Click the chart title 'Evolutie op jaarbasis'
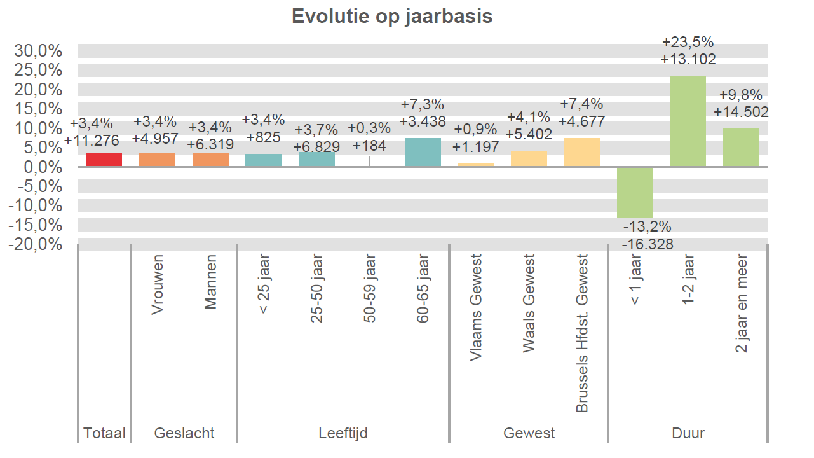pyautogui.click(x=392, y=16)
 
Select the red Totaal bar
pyautogui.click(x=104, y=160)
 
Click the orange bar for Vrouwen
pyautogui.click(x=157, y=160)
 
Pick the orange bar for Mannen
pyautogui.click(x=210, y=160)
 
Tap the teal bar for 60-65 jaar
pyautogui.click(x=423, y=153)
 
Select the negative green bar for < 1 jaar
pyautogui.click(x=635, y=192)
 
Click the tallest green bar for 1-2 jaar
pyautogui.click(x=688, y=121)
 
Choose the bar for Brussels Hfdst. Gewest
pyautogui.click(x=581, y=153)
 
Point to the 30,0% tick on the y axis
pyautogui.click(x=39, y=50)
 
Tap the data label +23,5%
pyautogui.click(x=688, y=43)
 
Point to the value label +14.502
pyautogui.click(x=741, y=112)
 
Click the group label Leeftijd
pyautogui.click(x=343, y=434)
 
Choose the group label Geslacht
pyautogui.click(x=184, y=434)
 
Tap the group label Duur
pyautogui.click(x=688, y=434)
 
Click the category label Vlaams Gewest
pyautogui.click(x=476, y=308)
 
